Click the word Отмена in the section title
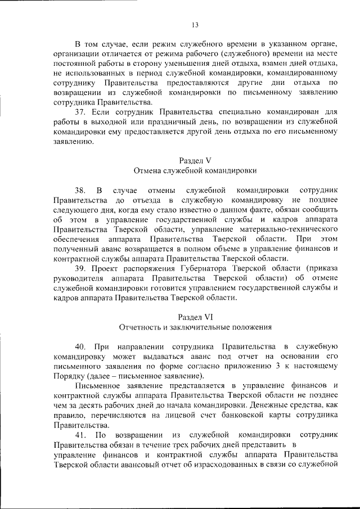click(x=148, y=170)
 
